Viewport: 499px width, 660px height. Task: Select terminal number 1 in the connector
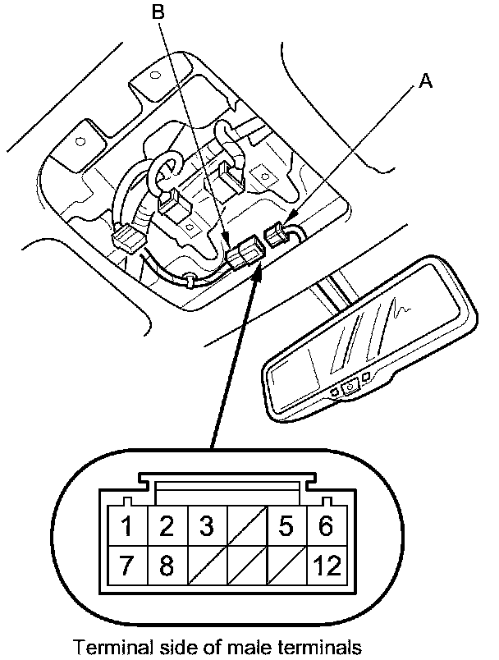point(126,526)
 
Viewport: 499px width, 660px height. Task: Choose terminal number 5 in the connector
point(286,526)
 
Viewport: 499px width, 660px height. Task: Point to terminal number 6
point(326,526)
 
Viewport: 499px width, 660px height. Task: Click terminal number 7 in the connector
point(126,566)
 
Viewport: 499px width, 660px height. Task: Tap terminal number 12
point(325,566)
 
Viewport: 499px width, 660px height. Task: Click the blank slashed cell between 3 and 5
point(246,526)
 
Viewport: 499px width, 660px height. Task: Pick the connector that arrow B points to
point(245,251)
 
